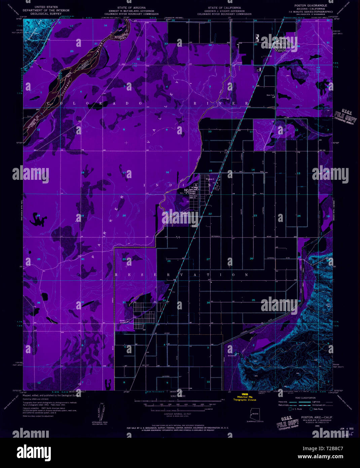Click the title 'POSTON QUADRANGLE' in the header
point(310,6)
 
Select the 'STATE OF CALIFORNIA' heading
point(224,7)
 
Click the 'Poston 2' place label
point(210,179)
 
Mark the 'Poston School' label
point(192,192)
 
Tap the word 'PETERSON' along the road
point(215,236)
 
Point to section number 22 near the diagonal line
point(210,214)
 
